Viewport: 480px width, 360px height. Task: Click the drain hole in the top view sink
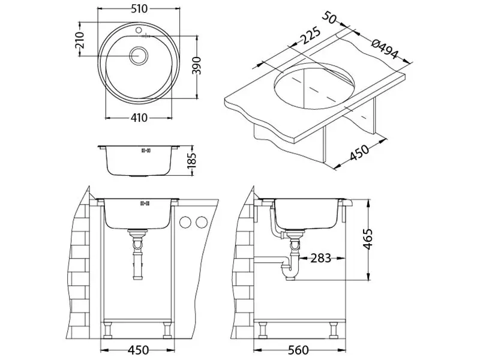coord(140,53)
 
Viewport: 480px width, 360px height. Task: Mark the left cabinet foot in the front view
coord(109,331)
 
